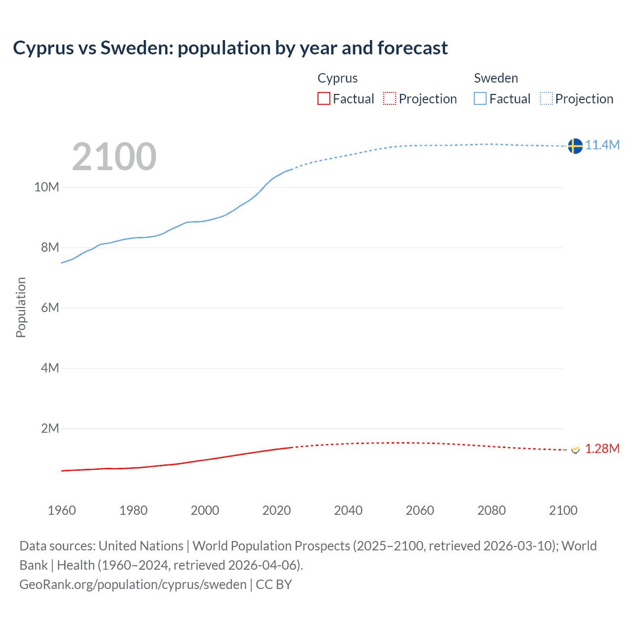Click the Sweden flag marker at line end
coord(575,146)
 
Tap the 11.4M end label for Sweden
coord(602,145)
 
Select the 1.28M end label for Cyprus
coord(602,449)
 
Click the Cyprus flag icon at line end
coord(575,450)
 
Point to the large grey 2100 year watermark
coord(114,157)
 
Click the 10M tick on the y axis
coord(46,187)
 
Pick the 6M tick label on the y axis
coord(50,308)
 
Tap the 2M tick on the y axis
coord(50,429)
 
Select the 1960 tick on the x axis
coord(62,510)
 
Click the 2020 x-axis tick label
coord(276,510)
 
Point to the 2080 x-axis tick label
coord(492,510)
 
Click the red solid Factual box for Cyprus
coord(324,99)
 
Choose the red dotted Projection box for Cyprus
coord(390,99)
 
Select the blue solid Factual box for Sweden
coord(480,99)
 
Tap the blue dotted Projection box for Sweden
coord(546,99)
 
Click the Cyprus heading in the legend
coord(337,78)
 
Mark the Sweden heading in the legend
coord(496,78)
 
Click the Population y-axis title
coord(21,307)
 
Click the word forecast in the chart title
coord(412,48)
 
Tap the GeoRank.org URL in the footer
coord(133,585)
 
